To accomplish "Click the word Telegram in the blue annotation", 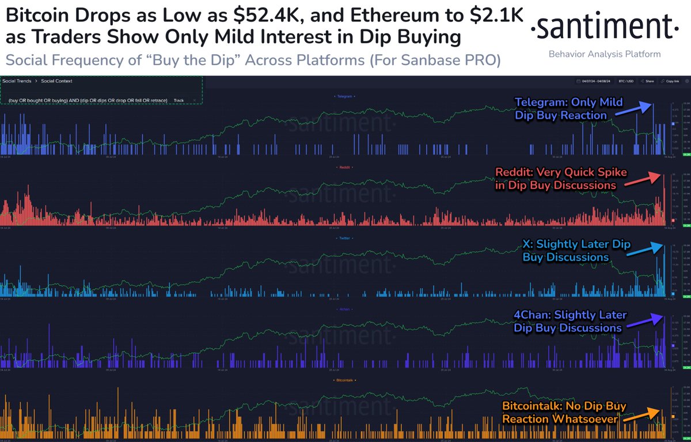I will pyautogui.click(x=540, y=103).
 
